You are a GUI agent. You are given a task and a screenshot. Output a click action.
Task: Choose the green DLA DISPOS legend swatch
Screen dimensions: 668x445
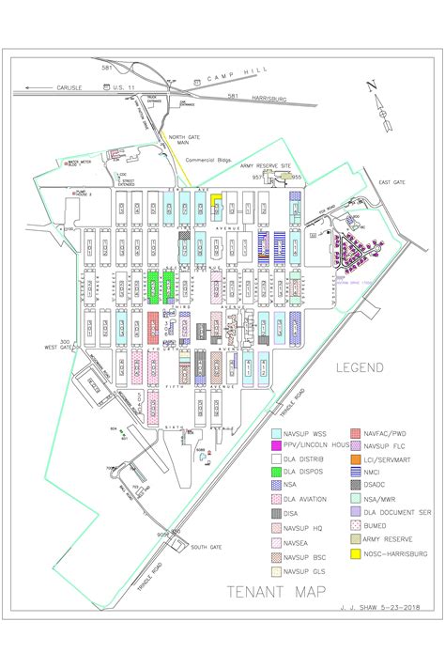click(277, 474)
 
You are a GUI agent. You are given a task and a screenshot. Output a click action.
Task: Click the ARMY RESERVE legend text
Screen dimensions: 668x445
click(385, 540)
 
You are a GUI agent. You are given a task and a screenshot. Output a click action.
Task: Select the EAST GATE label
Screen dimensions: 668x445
click(391, 182)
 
